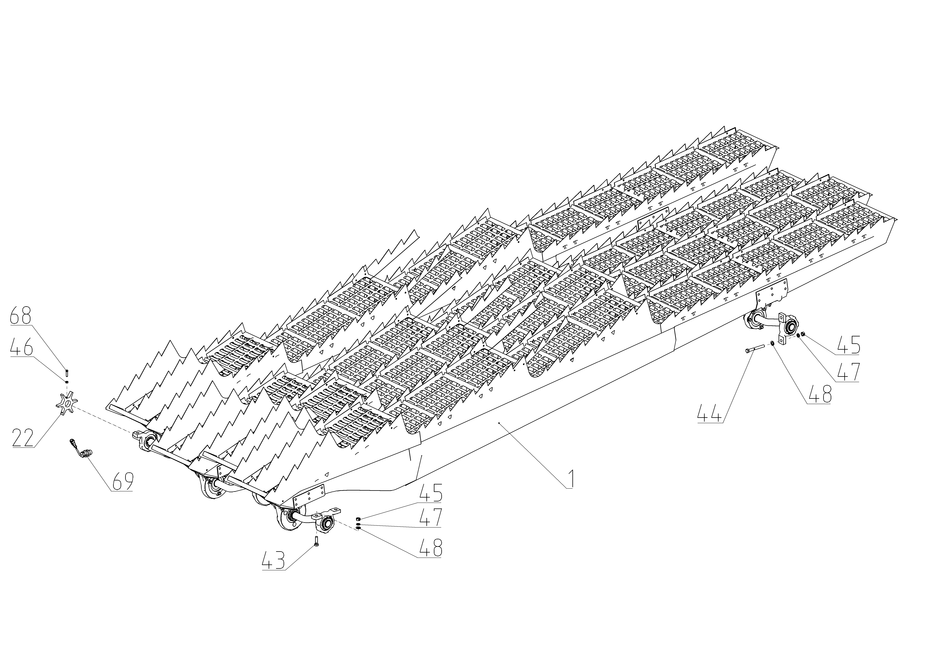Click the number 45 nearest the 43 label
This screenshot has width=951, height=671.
click(x=431, y=493)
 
